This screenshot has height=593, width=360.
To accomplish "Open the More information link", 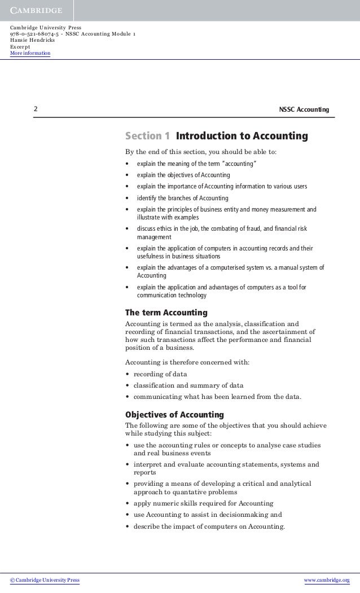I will point(30,54).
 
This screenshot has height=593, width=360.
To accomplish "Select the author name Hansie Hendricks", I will point(32,41).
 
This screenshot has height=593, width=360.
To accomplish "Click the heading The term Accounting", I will point(166,313).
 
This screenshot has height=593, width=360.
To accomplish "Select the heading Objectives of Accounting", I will point(175,415).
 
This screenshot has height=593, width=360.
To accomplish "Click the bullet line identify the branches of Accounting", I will point(182,198).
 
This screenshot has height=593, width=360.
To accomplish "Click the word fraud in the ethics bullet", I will point(264,229).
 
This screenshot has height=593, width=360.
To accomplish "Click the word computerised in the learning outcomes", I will point(230,267).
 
